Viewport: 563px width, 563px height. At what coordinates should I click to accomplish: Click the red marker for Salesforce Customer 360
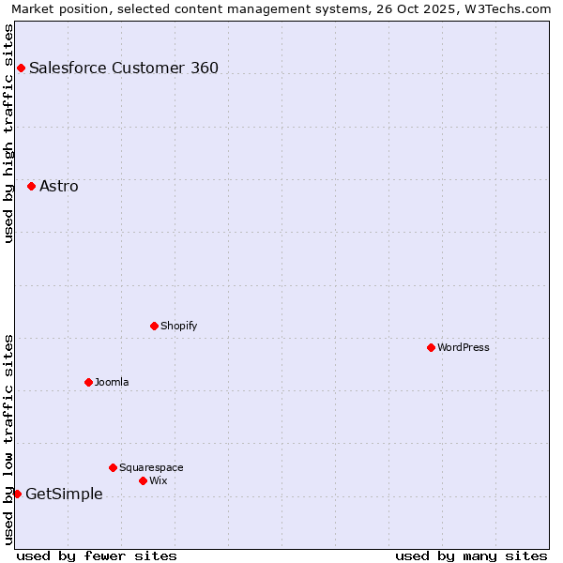(x=21, y=68)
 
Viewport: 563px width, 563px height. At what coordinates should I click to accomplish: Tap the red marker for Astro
(x=31, y=186)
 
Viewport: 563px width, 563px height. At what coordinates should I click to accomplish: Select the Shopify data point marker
(x=154, y=326)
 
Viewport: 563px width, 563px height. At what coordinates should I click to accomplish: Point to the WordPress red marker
(x=431, y=347)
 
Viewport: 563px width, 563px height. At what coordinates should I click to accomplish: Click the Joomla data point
(x=88, y=382)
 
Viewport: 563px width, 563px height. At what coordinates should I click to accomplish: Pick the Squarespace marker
(x=113, y=467)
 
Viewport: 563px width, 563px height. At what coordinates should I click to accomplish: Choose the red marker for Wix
(x=143, y=480)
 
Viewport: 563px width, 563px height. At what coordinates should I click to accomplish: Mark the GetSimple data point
(x=17, y=494)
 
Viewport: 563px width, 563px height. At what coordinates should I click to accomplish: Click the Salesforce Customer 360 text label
(x=124, y=68)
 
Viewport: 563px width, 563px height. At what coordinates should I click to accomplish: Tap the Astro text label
(x=59, y=186)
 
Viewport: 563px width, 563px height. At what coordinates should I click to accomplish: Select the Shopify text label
(x=178, y=326)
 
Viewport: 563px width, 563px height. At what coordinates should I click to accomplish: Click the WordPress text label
(x=464, y=347)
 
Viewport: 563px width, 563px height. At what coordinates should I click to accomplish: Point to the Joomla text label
(x=112, y=382)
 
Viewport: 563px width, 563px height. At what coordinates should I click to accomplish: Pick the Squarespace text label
(x=151, y=467)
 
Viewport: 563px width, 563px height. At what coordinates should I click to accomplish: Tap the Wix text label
(x=158, y=480)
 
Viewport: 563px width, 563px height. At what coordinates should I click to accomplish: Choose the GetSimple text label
(x=64, y=495)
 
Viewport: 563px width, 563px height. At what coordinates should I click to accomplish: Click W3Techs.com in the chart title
(x=505, y=8)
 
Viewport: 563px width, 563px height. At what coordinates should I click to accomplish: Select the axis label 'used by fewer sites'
(x=97, y=555)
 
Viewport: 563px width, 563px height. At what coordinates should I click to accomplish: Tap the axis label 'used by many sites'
(x=471, y=555)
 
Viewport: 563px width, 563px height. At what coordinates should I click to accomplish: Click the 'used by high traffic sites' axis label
(x=8, y=133)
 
